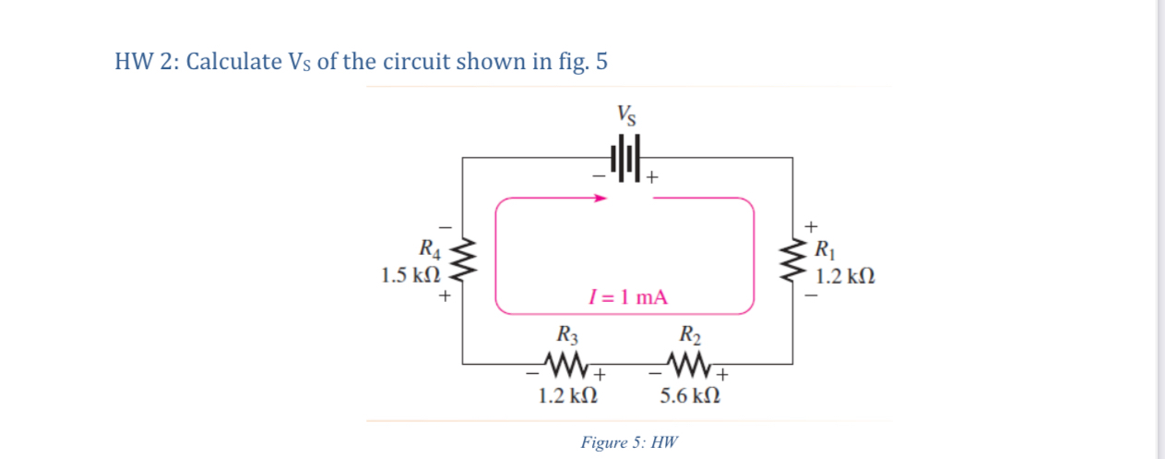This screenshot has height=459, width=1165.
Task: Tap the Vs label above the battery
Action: coord(626,115)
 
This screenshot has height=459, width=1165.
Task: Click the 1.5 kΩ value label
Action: coord(410,275)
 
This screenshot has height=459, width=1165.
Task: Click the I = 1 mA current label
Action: coord(627,297)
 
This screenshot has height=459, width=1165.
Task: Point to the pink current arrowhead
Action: coord(600,198)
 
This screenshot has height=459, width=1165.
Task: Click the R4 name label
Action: coord(430,248)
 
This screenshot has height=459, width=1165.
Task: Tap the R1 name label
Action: coord(825,248)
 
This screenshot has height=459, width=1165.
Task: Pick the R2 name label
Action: coord(689,334)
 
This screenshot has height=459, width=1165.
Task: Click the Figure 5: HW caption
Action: coord(628,441)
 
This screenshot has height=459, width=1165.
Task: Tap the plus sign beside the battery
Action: coord(651,176)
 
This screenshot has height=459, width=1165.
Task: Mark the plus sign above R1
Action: coord(812,225)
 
